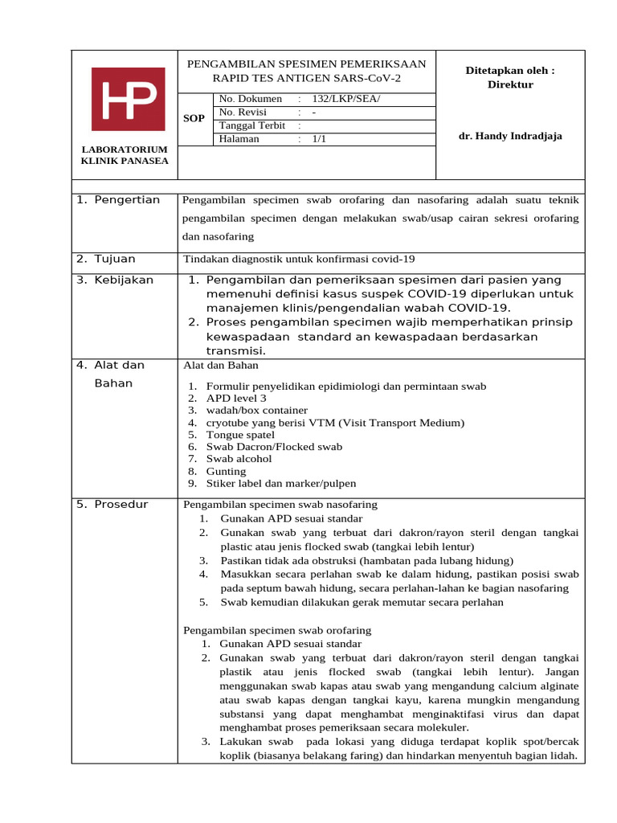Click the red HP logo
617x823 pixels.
(129, 99)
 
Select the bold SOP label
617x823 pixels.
(194, 118)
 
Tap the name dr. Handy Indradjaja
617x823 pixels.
(510, 136)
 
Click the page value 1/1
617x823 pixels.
(320, 138)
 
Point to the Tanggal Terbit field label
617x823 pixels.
(252, 125)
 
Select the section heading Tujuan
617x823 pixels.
(115, 259)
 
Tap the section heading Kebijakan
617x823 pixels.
(123, 280)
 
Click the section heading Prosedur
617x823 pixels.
(121, 504)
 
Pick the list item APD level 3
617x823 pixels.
(236, 398)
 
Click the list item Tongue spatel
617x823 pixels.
(240, 435)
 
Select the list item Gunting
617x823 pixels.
(226, 471)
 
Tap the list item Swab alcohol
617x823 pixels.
(239, 459)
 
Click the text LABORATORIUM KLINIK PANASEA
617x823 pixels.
(125, 155)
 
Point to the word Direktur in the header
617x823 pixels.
(510, 84)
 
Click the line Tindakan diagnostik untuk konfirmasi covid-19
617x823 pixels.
(299, 259)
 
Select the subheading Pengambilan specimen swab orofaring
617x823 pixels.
(277, 630)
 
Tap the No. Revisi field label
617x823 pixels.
(245, 113)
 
